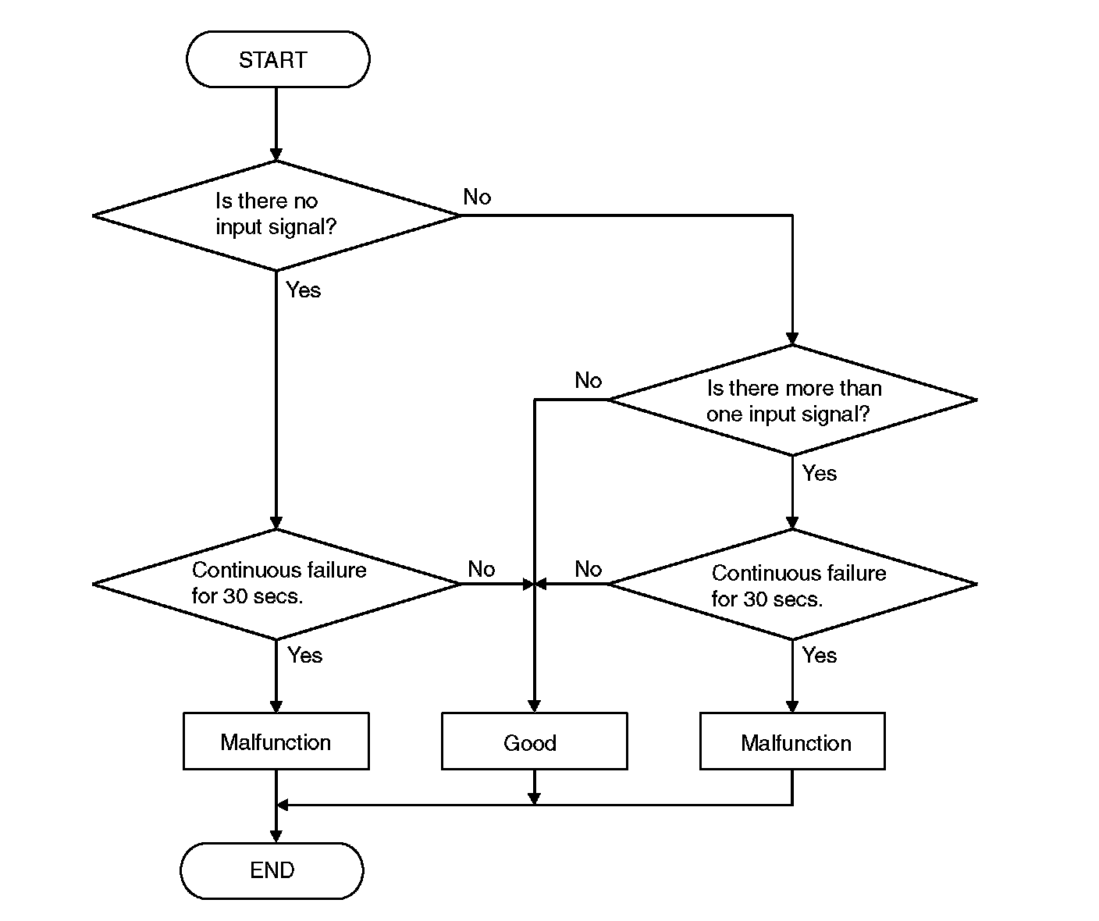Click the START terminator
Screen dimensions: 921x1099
(x=277, y=59)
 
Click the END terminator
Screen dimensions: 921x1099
(x=272, y=870)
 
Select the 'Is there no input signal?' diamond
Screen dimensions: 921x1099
(x=276, y=215)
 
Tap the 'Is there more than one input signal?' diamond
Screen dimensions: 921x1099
(x=792, y=400)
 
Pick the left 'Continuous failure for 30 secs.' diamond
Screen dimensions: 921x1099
(x=276, y=584)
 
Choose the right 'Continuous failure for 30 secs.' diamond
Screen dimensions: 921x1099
(x=792, y=585)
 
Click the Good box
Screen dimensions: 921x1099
(x=534, y=741)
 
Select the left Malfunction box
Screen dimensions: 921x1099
(x=276, y=741)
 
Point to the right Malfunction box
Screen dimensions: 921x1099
(x=792, y=741)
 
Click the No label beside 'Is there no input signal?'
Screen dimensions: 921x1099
(x=477, y=197)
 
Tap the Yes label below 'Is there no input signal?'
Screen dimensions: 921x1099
(x=303, y=290)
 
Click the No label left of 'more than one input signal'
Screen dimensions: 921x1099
(x=588, y=381)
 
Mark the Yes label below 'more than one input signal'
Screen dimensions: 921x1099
(x=819, y=474)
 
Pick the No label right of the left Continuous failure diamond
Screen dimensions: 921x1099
(x=481, y=570)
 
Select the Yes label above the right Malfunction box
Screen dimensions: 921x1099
(x=819, y=656)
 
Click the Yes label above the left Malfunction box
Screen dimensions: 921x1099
(x=304, y=656)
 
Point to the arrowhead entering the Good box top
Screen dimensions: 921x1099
(x=534, y=706)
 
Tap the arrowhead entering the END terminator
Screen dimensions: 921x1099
(x=276, y=835)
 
